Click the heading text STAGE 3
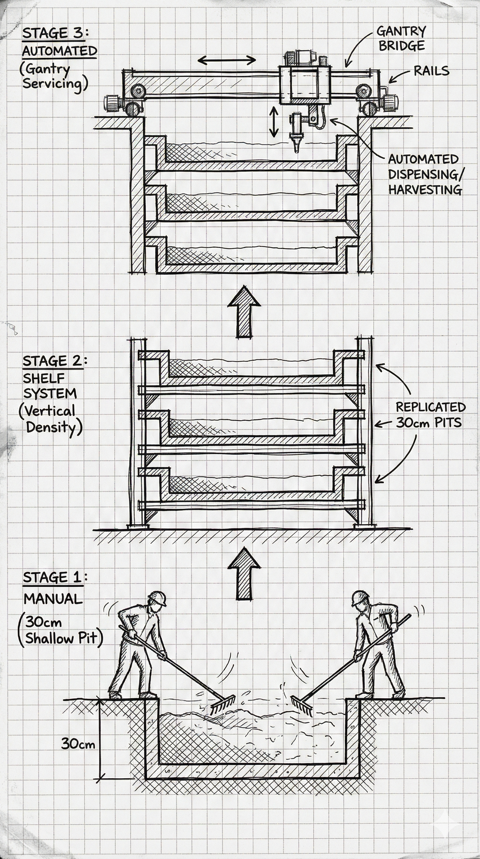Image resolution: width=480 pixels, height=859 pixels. (53, 33)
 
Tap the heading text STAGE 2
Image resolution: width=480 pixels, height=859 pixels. (52, 361)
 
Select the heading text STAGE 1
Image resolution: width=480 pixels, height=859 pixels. (52, 577)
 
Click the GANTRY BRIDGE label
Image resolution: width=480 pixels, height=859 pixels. (401, 38)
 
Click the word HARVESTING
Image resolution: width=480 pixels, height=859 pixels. (425, 189)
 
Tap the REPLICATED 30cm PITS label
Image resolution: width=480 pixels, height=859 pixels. (430, 415)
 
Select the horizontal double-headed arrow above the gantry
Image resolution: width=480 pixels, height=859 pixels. (227, 60)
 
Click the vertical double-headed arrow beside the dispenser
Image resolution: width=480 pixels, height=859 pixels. (274, 122)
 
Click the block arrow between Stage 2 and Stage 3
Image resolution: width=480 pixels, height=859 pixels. (244, 312)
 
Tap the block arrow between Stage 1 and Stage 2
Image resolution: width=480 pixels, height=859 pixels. (244, 574)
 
